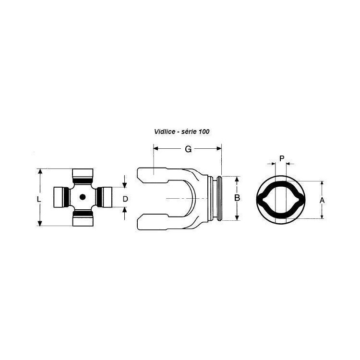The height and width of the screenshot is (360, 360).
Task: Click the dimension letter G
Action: coord(188,149)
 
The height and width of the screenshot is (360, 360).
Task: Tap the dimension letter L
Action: coord(39,199)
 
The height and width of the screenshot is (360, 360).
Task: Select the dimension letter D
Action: coord(125,199)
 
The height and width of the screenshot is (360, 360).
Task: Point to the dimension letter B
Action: coord(237,198)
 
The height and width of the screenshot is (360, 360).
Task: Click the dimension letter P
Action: coord(282,158)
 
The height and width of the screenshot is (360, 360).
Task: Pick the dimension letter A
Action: coord(322,200)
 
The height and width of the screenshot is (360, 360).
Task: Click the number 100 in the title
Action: coord(204,132)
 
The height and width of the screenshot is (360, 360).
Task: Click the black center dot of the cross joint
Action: coord(83,197)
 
